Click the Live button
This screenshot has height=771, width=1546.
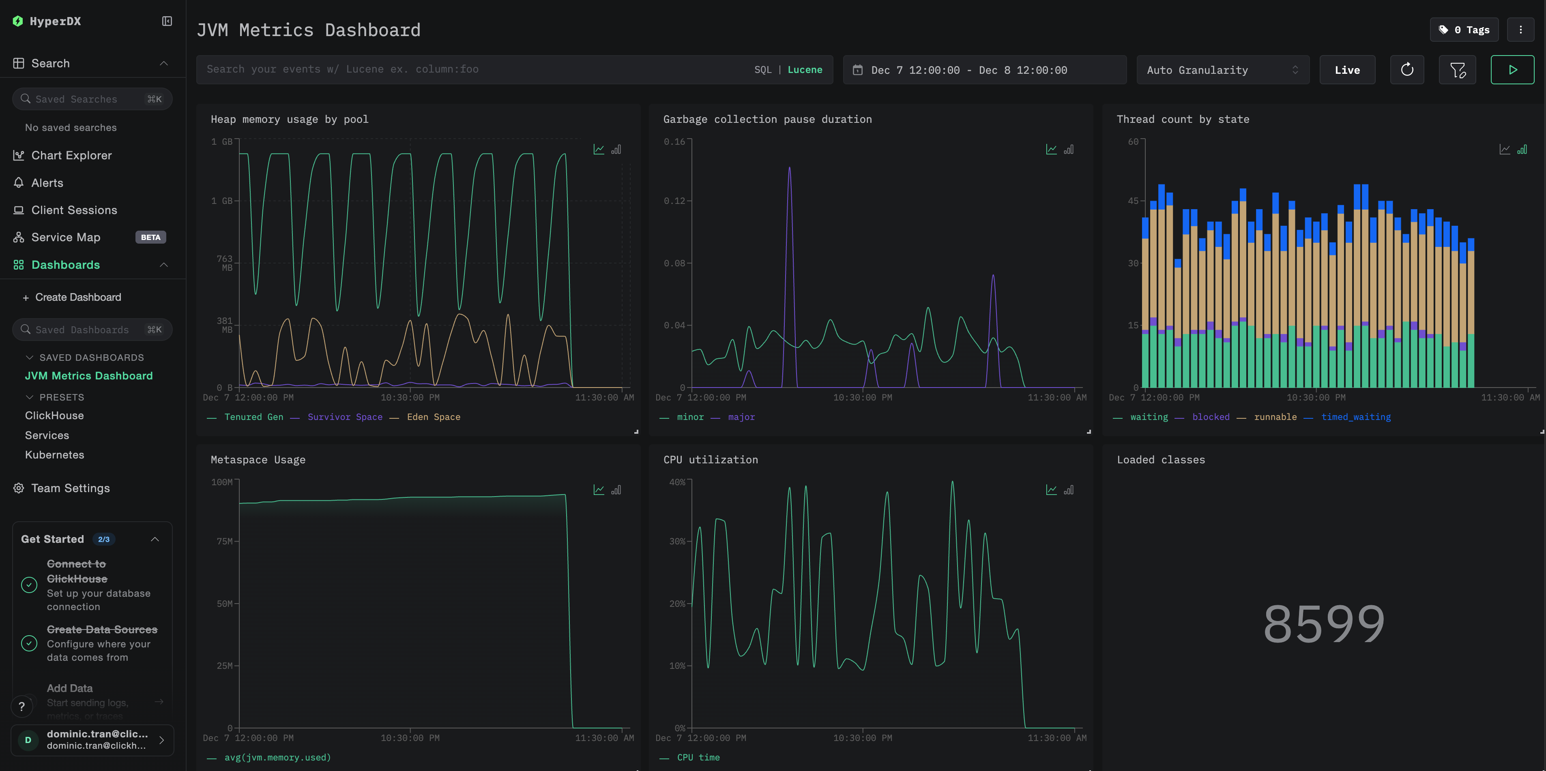[1347, 70]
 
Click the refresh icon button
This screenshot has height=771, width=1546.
[1407, 70]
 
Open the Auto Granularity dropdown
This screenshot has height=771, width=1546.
[1222, 70]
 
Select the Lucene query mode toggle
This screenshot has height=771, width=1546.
[804, 70]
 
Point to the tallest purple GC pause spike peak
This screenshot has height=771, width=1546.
[789, 168]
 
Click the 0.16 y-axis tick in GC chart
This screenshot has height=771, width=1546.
[674, 141]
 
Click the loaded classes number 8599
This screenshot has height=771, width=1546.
[1324, 624]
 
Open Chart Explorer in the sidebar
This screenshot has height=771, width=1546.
[71, 155]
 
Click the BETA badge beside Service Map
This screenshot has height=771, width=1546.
[150, 238]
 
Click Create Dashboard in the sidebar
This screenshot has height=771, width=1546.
[78, 298]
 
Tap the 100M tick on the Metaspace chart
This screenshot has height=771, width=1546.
[222, 482]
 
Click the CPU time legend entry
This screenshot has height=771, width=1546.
[698, 757]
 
